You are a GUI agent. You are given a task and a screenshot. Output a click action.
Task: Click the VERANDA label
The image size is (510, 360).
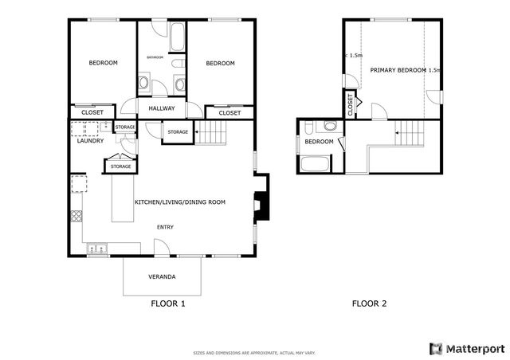[162, 276]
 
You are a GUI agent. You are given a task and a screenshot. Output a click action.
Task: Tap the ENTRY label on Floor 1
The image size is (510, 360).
[165, 228]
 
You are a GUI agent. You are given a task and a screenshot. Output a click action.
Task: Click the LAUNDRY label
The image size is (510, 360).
[90, 141]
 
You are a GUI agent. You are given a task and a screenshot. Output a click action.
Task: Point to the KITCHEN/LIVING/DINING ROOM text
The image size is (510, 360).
[179, 202]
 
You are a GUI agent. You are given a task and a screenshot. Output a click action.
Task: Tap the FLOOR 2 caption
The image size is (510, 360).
[369, 303]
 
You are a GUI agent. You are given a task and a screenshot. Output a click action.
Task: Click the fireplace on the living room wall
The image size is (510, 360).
[260, 205]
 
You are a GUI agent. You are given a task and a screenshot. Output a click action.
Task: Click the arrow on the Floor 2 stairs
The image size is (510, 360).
[398, 134]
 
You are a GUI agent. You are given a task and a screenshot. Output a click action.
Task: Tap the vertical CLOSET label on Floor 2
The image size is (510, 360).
[350, 104]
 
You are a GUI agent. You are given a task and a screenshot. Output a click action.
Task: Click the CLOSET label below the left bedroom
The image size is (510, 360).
[92, 112]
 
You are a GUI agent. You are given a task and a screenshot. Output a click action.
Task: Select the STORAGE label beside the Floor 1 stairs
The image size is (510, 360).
[178, 131]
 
